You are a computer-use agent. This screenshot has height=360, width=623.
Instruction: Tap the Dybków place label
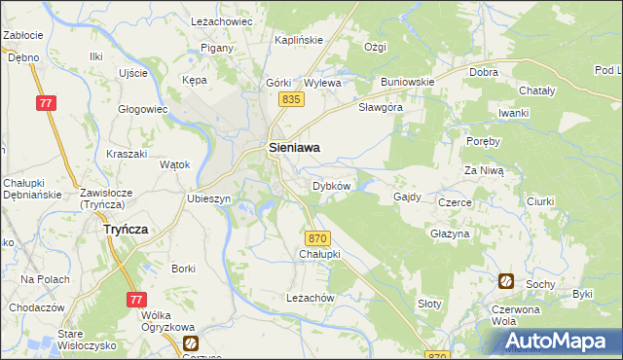pos(330,185)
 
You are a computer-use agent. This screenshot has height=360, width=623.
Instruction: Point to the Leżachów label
pos(311,297)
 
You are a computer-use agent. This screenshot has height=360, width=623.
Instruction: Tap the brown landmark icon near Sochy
pos(506,281)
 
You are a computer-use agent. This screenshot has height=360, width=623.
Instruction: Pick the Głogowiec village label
pos(143,109)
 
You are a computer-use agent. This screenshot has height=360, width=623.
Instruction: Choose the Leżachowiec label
pos(221,21)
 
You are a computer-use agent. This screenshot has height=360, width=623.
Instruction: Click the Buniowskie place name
pos(407,82)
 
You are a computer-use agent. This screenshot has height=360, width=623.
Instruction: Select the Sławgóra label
pos(380,107)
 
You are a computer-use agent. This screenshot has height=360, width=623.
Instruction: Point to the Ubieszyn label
pos(208,198)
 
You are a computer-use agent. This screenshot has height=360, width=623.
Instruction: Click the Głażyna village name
pos(450,234)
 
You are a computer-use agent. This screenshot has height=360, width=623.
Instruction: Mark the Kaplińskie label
pos(299,40)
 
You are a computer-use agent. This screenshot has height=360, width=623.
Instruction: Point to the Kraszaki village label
pos(127,155)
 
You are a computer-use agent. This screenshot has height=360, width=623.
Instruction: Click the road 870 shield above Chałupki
pos(315,237)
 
